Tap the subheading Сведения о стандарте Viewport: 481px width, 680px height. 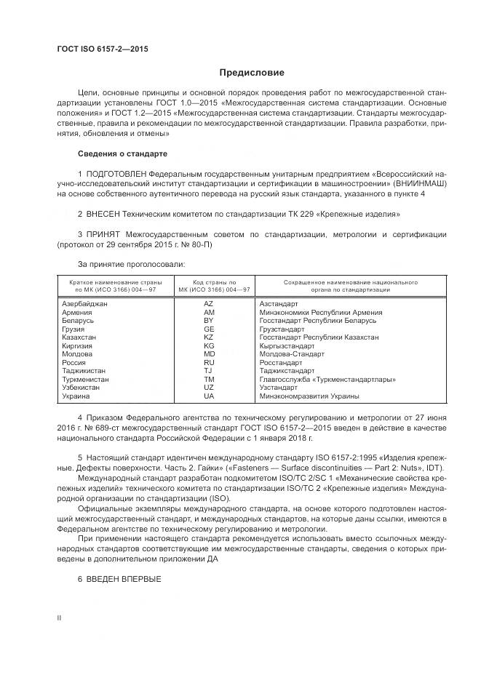tap(122, 154)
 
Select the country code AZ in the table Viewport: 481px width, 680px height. tap(209, 303)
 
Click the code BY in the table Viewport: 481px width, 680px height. tap(209, 320)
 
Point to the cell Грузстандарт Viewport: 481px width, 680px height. tap(285, 329)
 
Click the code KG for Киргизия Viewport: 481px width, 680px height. tap(209, 346)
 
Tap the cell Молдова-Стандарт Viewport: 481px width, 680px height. tap(290, 354)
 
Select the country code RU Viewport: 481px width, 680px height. tap(209, 362)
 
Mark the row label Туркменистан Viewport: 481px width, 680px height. tap(86, 380)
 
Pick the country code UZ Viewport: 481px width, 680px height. tap(209, 388)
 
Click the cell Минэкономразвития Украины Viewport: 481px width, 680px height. tap(309, 396)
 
